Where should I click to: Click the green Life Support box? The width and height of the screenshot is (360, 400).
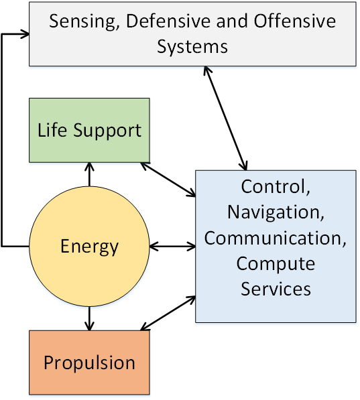(89, 130)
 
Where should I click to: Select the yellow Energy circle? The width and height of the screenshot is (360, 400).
(89, 247)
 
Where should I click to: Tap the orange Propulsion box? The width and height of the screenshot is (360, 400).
(89, 362)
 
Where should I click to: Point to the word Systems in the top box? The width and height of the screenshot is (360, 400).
(192, 47)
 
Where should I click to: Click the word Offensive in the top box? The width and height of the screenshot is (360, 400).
(295, 21)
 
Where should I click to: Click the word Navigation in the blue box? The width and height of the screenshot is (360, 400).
(276, 212)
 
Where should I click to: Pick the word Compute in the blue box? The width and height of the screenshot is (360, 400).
(276, 264)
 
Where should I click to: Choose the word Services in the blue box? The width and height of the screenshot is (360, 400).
(276, 289)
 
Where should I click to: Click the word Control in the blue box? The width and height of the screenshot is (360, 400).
(276, 186)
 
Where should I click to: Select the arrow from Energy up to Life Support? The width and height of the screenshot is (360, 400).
(89, 174)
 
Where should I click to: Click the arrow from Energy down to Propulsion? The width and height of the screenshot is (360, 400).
(89, 318)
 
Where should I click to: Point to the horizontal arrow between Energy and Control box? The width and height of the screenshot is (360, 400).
(172, 247)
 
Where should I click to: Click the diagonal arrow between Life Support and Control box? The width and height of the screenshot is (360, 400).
(168, 180)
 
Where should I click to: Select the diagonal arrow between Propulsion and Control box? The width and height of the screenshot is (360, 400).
(168, 313)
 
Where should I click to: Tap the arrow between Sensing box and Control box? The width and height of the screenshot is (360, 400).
(225, 118)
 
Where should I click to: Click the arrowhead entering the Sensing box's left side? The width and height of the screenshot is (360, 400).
(25, 34)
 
